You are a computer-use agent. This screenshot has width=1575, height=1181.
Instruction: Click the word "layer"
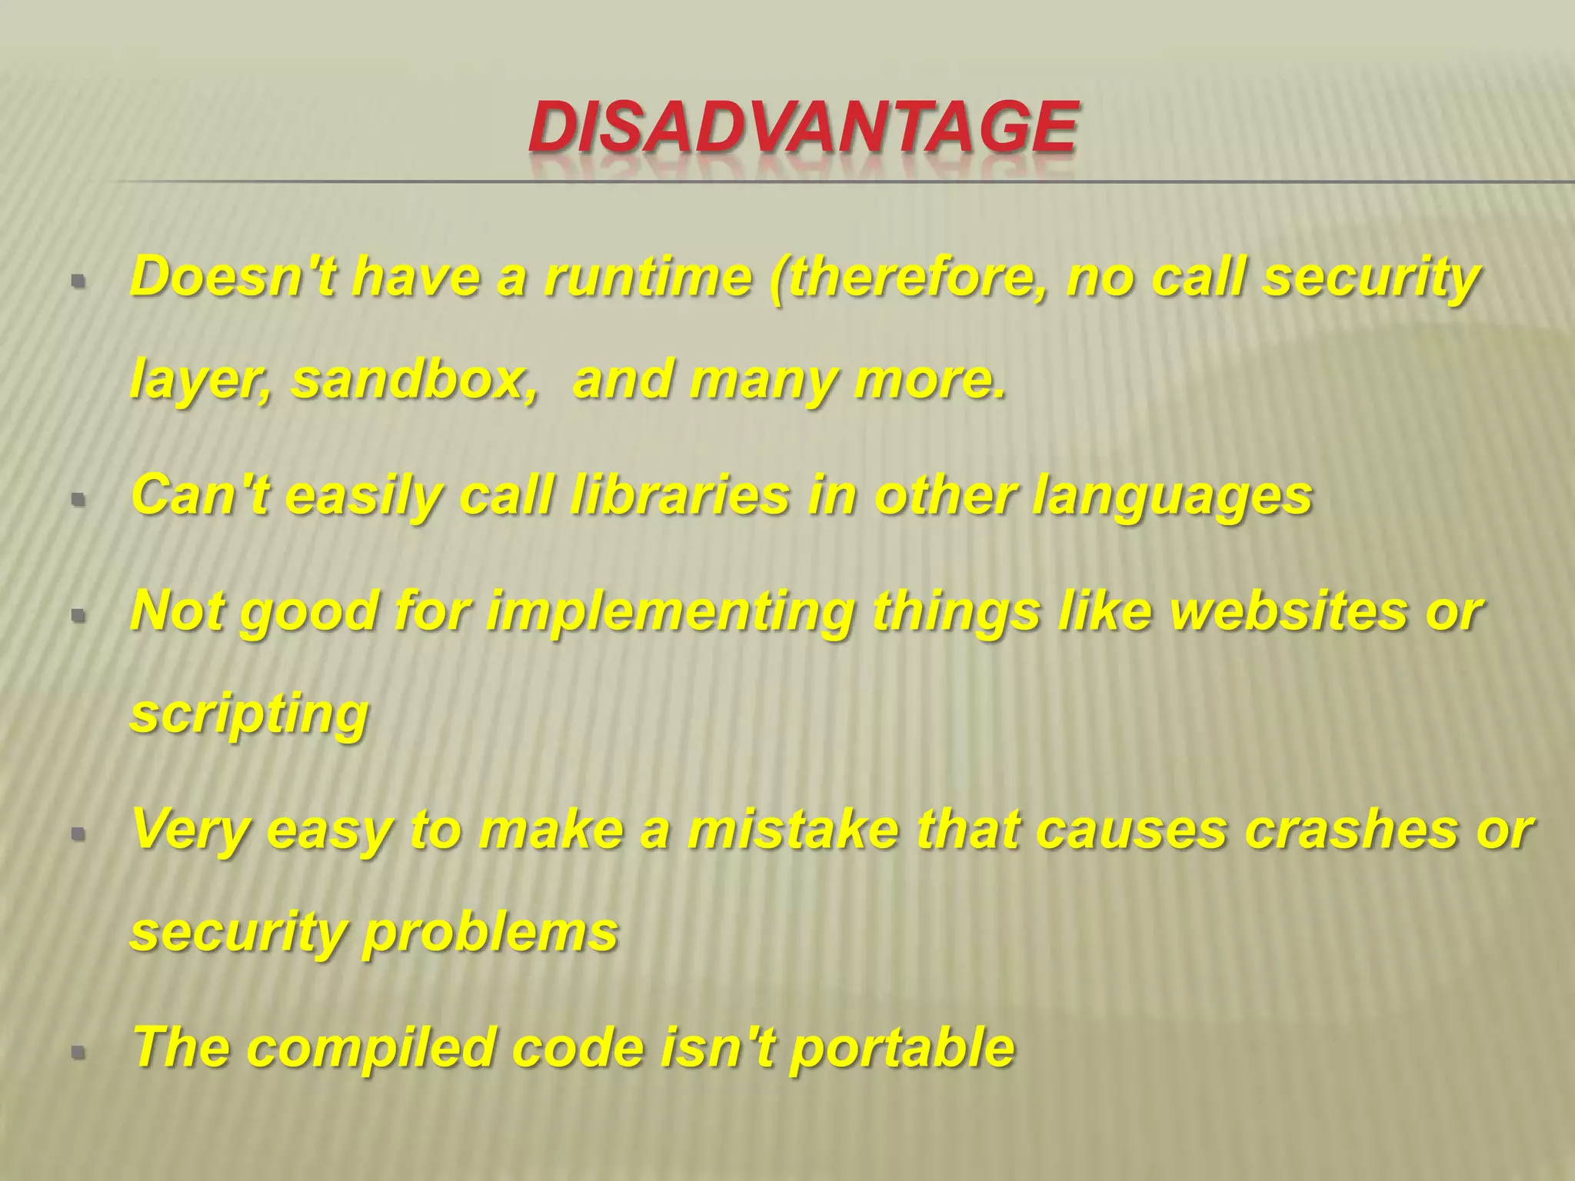(x=199, y=381)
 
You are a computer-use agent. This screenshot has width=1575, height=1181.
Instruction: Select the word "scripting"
(x=250, y=716)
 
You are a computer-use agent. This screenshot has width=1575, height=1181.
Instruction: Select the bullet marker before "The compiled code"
(x=77, y=1052)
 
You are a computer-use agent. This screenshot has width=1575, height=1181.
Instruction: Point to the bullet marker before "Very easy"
(x=77, y=833)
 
